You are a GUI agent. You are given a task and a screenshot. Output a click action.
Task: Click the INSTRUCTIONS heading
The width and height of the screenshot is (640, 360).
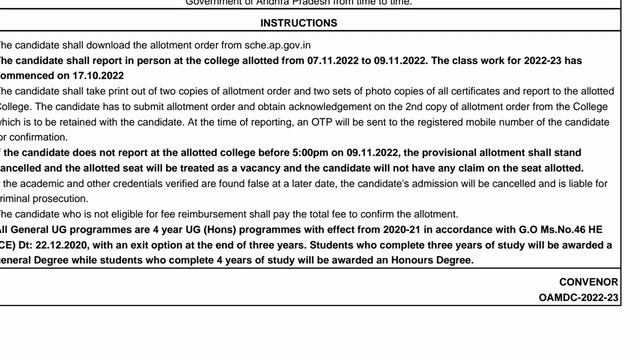tap(298, 23)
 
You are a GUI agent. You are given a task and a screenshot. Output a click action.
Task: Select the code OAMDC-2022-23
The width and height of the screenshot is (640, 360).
tap(578, 298)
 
